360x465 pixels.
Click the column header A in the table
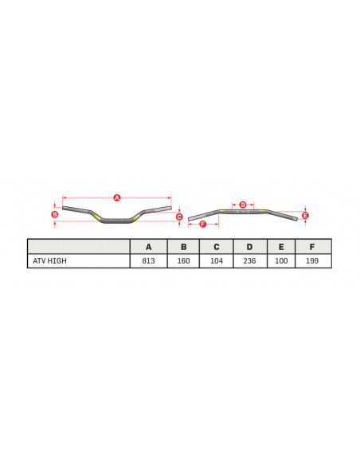148,247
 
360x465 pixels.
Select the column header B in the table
183,247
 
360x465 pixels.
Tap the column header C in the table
216,247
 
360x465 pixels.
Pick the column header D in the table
249,247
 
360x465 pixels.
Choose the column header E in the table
281,247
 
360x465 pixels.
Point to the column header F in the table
312,247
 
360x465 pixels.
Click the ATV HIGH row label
49,261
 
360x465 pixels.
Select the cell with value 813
148,261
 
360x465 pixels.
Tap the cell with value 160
183,261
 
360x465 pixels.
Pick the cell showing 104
216,261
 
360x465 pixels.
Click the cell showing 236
249,261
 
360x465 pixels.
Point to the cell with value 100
281,261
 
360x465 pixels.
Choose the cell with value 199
312,261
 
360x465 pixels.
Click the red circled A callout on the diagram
116,197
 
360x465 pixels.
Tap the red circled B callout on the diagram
54,214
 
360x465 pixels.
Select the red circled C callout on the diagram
179,217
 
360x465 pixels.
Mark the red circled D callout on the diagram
243,205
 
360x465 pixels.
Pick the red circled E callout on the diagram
305,215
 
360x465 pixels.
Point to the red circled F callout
202,224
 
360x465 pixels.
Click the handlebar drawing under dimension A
117,218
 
